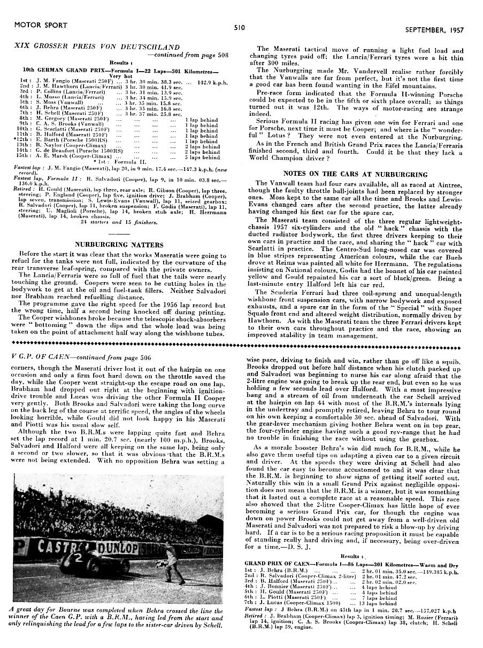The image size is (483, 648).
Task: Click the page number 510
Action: point(239,27)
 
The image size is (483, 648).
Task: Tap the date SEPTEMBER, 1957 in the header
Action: point(434,30)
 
